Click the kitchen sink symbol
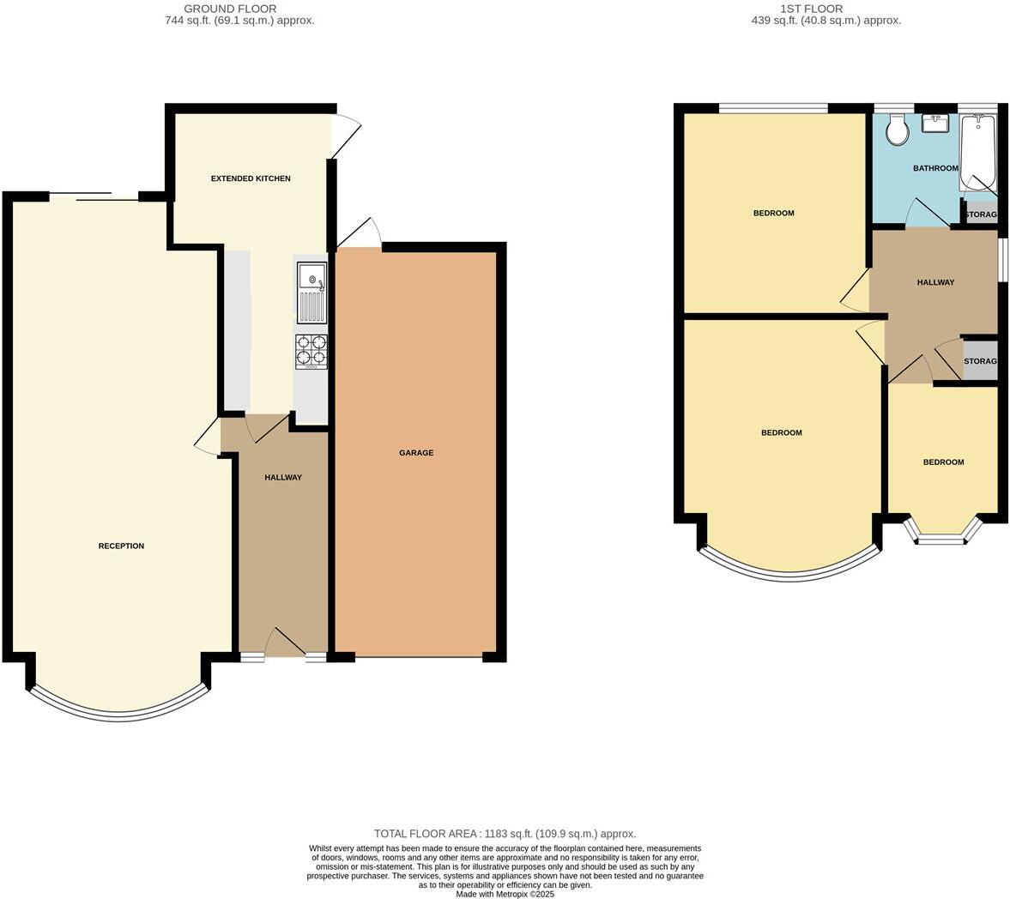pyautogui.click(x=311, y=290)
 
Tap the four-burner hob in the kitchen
pyautogui.click(x=311, y=350)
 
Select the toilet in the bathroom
pyautogui.click(x=897, y=131)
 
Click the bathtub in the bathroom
pyautogui.click(x=977, y=153)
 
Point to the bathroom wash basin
pyautogui.click(x=934, y=124)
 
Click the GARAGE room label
pyautogui.click(x=416, y=453)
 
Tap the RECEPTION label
pyautogui.click(x=121, y=546)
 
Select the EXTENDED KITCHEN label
pyautogui.click(x=251, y=178)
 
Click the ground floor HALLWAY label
pyautogui.click(x=282, y=478)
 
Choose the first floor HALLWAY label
pyautogui.click(x=935, y=282)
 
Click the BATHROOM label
pyautogui.click(x=934, y=168)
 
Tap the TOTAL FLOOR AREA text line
pyautogui.click(x=505, y=834)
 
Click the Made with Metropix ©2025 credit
pyautogui.click(x=505, y=894)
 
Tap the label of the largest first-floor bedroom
pyautogui.click(x=781, y=432)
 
